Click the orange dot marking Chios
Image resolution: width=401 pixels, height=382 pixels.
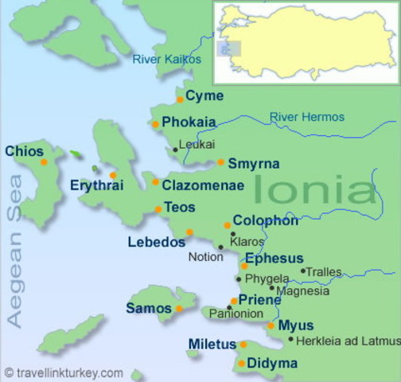[44, 162]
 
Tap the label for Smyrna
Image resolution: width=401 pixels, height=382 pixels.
[253, 164]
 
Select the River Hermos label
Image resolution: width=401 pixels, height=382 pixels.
[306, 117]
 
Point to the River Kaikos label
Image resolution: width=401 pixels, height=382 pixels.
[167, 59]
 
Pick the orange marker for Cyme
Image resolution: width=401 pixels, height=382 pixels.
[181, 99]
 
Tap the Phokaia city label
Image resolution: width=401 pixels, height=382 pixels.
[188, 123]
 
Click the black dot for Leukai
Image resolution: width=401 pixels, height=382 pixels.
[176, 149]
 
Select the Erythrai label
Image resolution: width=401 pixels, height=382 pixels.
[97, 185]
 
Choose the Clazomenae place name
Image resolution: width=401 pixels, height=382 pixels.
[202, 185]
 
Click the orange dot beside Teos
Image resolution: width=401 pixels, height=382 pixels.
[158, 209]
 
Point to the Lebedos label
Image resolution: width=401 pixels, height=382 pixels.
[156, 242]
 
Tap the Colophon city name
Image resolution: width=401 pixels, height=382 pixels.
[266, 221]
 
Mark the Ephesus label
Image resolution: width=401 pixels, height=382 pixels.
[274, 259]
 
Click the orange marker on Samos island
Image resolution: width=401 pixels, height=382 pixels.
[179, 309]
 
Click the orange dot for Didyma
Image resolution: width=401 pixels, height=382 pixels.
[242, 364]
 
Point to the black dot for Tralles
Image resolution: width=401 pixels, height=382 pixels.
[302, 271]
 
